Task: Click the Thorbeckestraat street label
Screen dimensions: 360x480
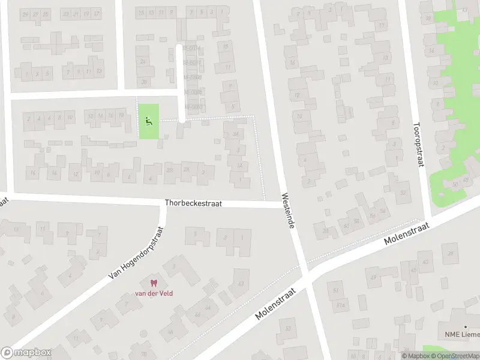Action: [x=193, y=203]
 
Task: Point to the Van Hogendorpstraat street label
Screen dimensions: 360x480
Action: [x=137, y=253]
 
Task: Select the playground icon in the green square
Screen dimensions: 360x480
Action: [x=149, y=121]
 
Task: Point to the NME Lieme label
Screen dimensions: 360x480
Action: [x=462, y=334]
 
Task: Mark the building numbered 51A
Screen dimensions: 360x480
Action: [x=341, y=305]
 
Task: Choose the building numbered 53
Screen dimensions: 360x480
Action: [x=289, y=328]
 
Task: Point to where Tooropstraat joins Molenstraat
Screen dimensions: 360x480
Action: [x=427, y=219]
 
